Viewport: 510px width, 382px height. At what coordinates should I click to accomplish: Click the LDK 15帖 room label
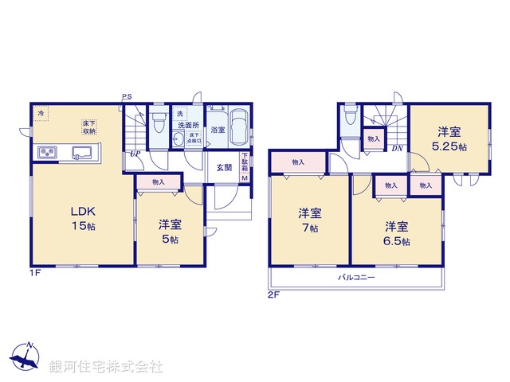point(84,218)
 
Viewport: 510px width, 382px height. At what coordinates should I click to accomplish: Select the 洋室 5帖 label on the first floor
point(168,232)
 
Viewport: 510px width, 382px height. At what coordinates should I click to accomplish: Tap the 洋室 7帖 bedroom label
point(310,220)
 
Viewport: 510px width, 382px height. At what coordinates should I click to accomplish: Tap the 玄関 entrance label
point(224,168)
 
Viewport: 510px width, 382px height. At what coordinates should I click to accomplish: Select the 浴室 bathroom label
point(217,129)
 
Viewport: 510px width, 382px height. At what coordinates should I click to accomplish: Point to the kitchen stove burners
point(45,152)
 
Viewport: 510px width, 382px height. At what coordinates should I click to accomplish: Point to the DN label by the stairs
point(396,148)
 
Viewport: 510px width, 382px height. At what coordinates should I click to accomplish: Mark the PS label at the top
point(127,97)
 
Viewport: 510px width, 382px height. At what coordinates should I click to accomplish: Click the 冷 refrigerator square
point(41,114)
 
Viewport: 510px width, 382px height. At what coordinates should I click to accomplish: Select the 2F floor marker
point(274,294)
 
